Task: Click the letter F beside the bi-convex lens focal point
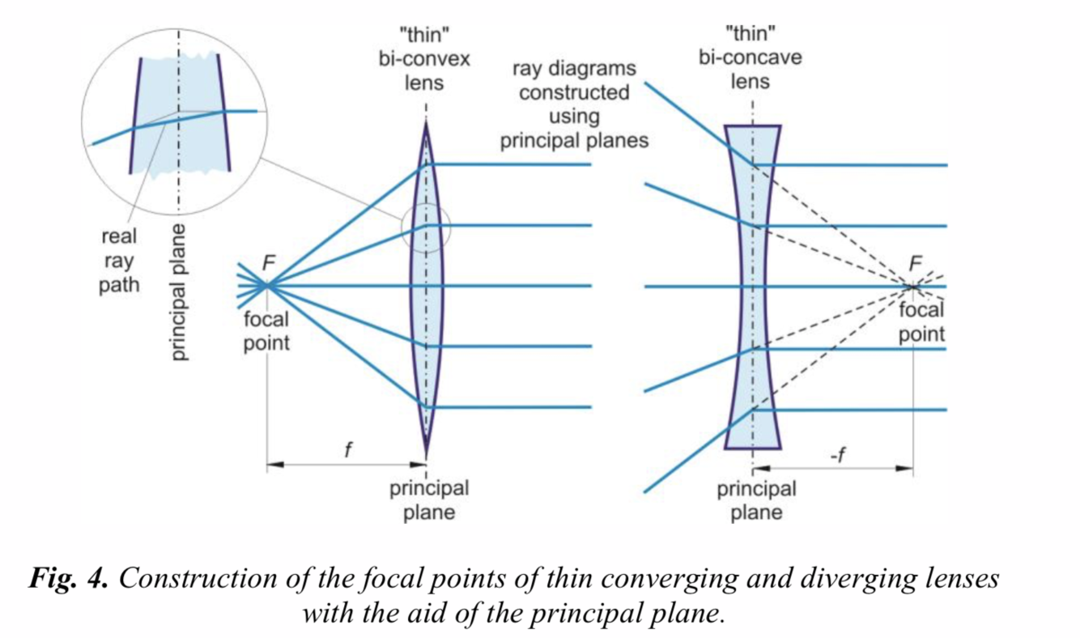point(270,262)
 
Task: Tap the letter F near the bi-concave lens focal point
point(916,262)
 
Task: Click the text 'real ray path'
point(119,261)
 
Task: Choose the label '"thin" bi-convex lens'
point(425,60)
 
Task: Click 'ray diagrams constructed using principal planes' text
point(574,104)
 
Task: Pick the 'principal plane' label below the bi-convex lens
point(429,500)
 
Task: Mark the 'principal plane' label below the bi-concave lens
point(756,500)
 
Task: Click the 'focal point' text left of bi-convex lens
point(266,331)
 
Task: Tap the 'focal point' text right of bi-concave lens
point(921,322)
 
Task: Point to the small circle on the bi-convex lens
point(424,225)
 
